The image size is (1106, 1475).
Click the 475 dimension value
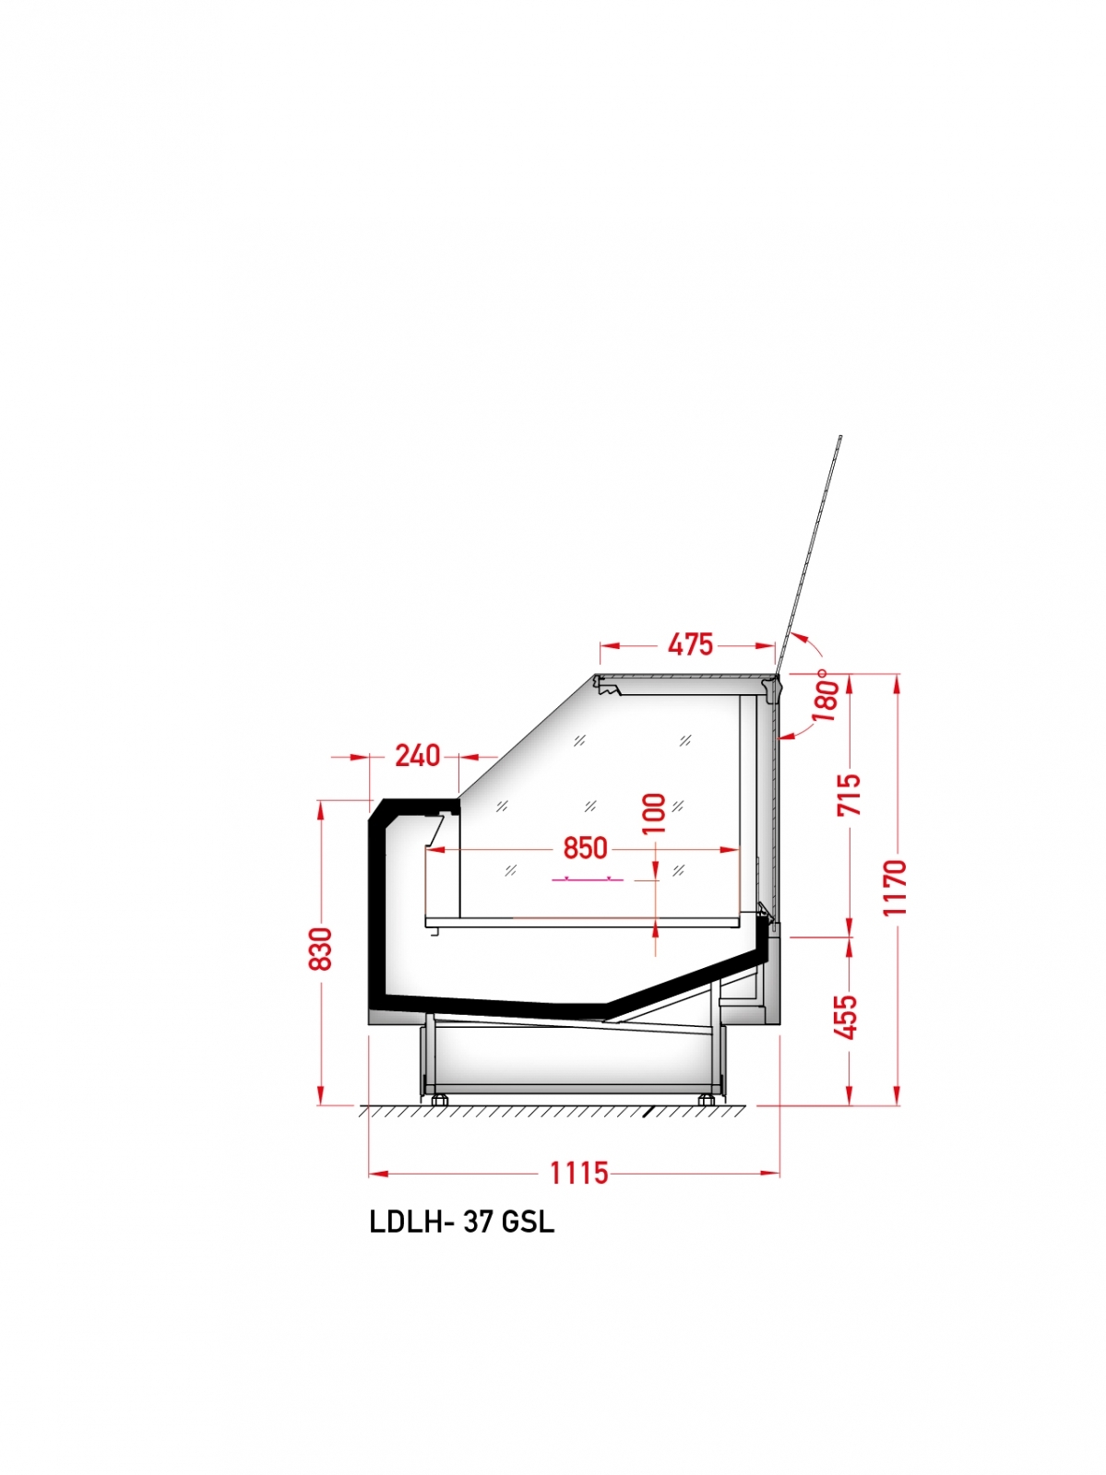point(690,644)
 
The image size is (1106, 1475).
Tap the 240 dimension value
point(418,756)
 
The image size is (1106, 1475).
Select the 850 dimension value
point(585,849)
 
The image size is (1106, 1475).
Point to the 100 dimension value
point(653,813)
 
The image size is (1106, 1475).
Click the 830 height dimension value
point(321,949)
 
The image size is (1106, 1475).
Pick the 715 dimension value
point(850,795)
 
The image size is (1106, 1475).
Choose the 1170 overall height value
point(895,887)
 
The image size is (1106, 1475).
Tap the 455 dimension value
point(849,1018)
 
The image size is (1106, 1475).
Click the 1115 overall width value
point(579,1174)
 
